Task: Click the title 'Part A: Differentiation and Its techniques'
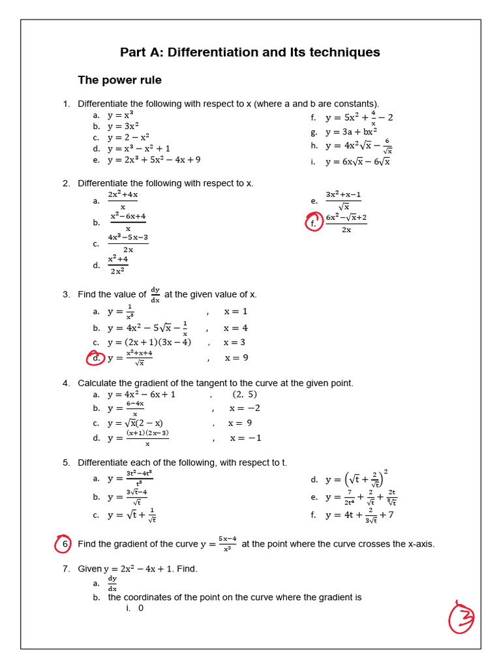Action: click(x=250, y=52)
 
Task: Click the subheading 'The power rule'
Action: click(x=119, y=80)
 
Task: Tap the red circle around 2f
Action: click(x=314, y=222)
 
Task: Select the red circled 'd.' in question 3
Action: click(x=96, y=357)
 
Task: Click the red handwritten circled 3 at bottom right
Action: click(x=461, y=616)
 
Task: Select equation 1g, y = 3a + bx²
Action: click(x=351, y=132)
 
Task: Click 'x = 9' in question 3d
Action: click(x=236, y=357)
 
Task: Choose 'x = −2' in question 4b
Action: click(x=245, y=408)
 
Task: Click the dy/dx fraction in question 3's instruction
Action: click(x=155, y=294)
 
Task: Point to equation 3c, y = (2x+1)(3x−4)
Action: click(x=149, y=342)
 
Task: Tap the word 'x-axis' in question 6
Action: click(x=418, y=544)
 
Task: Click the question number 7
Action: click(x=66, y=569)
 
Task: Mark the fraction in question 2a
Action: click(x=123, y=200)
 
